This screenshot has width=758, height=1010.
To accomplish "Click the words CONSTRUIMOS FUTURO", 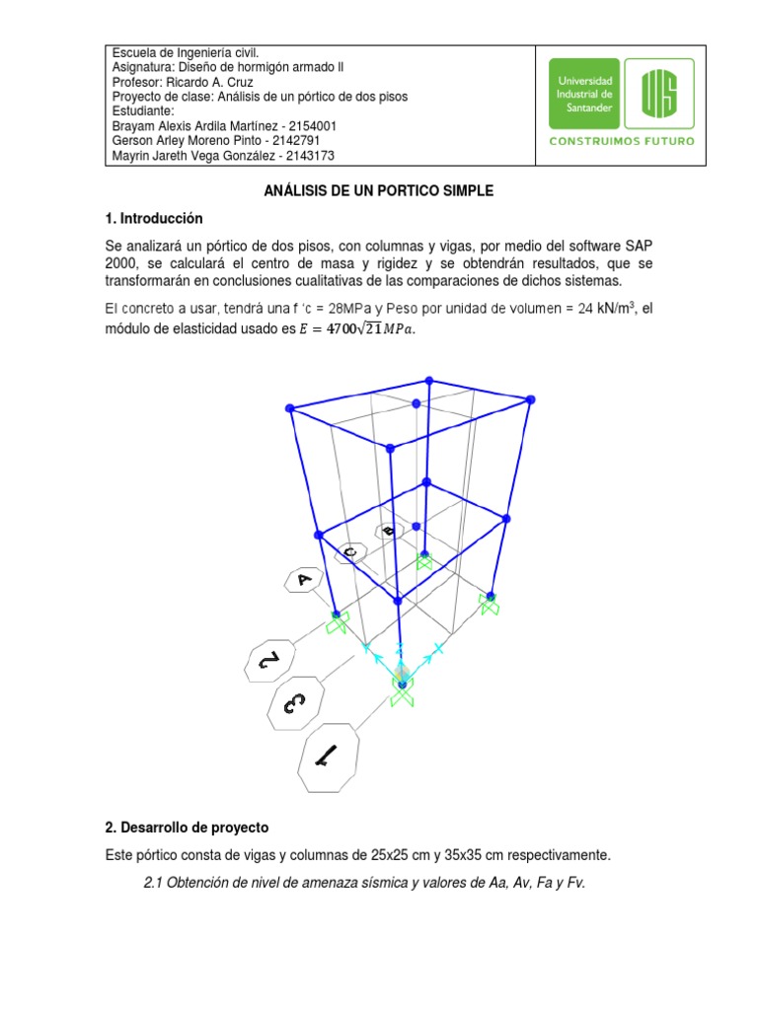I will pos(621,140).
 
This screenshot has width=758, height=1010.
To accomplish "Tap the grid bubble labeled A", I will pos(305,580).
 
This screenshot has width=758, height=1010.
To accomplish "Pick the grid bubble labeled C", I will pos(350,551).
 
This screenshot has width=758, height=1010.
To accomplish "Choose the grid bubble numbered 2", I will pos(269,663).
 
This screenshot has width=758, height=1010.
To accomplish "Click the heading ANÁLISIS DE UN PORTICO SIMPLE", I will pos(379,191).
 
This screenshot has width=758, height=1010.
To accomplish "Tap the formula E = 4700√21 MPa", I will pos(358,329).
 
